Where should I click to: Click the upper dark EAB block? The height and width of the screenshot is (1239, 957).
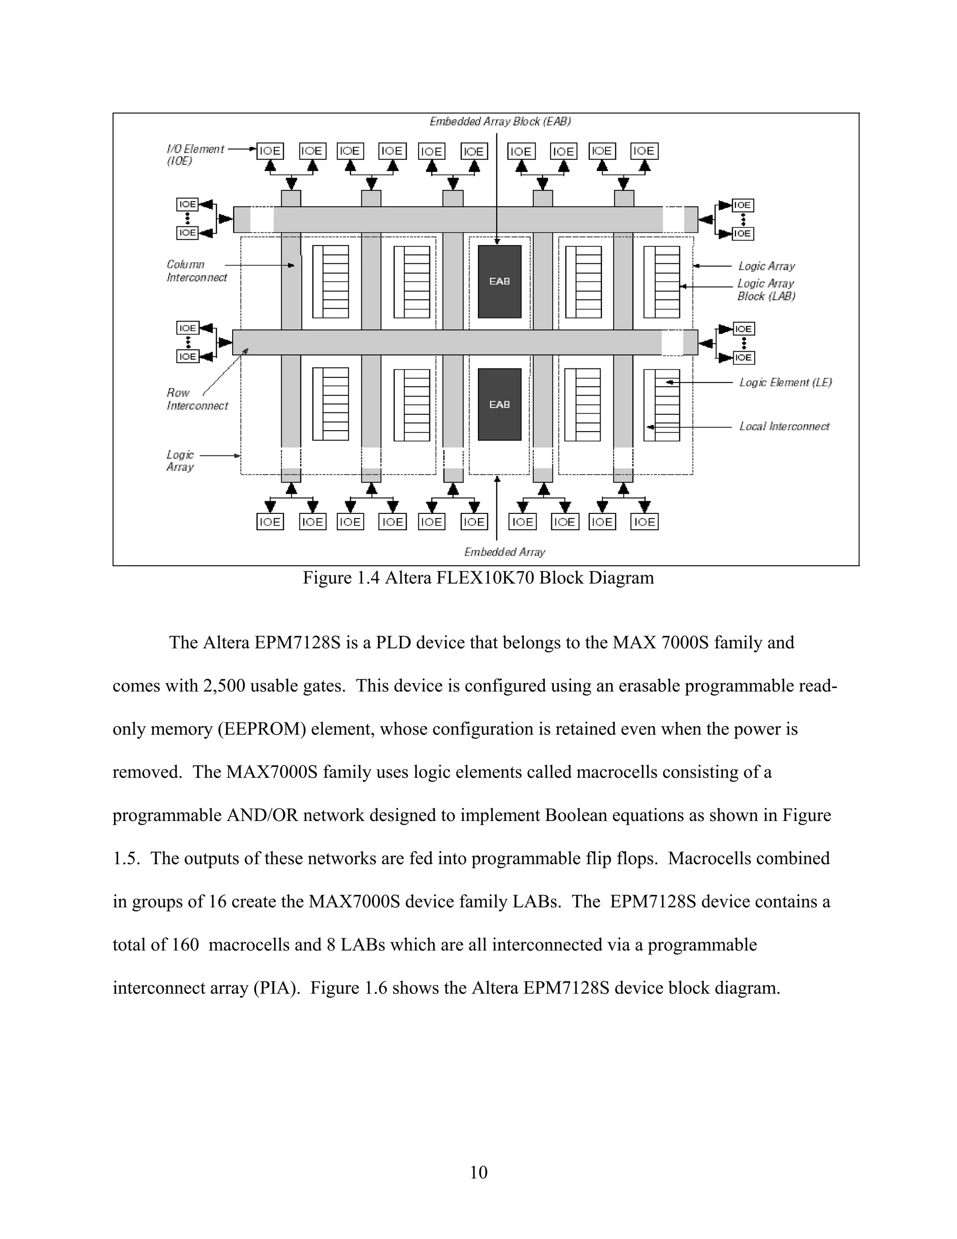(x=500, y=281)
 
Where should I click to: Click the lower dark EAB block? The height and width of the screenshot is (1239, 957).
(x=500, y=404)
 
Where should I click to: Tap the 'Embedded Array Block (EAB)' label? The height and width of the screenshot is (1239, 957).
(x=500, y=122)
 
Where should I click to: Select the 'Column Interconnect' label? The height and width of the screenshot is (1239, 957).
(x=196, y=271)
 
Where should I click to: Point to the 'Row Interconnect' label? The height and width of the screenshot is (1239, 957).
(x=196, y=399)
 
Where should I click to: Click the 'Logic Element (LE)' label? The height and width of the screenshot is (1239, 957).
(x=785, y=382)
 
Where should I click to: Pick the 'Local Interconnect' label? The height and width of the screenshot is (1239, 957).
(x=784, y=426)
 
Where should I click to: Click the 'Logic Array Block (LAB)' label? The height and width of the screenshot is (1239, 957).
(x=766, y=290)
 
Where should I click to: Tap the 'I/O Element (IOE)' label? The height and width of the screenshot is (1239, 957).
(x=194, y=154)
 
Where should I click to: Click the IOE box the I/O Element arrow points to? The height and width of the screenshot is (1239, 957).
(x=270, y=151)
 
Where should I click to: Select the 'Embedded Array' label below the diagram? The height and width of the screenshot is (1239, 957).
(x=504, y=552)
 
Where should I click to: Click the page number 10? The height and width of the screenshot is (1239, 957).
(x=478, y=1172)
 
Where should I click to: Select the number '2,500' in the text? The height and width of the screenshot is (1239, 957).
(x=223, y=686)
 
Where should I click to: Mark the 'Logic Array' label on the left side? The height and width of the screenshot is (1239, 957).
(x=180, y=461)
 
